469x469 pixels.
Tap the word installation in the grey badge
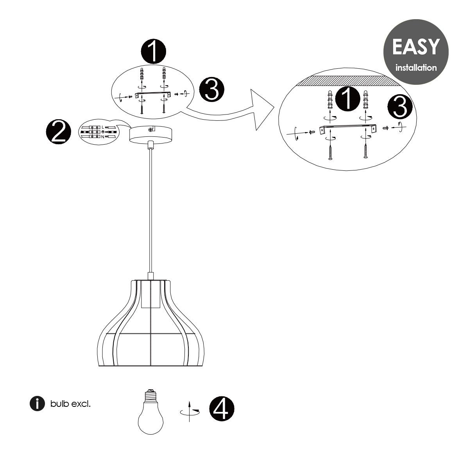pyautogui.click(x=416, y=67)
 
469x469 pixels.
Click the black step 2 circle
pyautogui.click(x=58, y=132)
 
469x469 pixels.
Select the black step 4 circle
pyautogui.click(x=222, y=409)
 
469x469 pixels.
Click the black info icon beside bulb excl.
pyautogui.click(x=37, y=404)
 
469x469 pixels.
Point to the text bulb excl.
pyautogui.click(x=70, y=404)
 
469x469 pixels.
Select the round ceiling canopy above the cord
pyautogui.click(x=150, y=134)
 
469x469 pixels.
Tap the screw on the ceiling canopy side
pyautogui.click(x=152, y=129)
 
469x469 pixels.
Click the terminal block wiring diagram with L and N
pyautogui.click(x=99, y=132)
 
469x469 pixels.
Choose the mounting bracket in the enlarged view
pyautogui.click(x=348, y=128)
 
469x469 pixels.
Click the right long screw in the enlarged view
pyautogui.click(x=365, y=150)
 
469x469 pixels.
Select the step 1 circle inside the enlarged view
pyautogui.click(x=347, y=99)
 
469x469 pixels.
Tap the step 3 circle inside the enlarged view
pyautogui.click(x=400, y=107)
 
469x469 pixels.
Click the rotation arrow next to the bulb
pyautogui.click(x=190, y=412)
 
